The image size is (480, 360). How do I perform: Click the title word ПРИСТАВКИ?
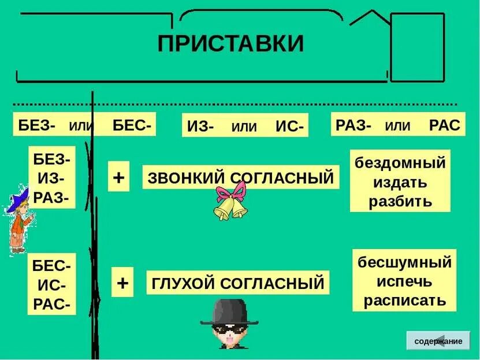click(x=230, y=44)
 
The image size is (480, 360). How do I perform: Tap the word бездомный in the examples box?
click(x=400, y=163)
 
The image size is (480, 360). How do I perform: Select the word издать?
click(x=400, y=183)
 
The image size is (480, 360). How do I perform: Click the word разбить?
click(x=400, y=201)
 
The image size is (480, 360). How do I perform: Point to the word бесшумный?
click(x=404, y=262)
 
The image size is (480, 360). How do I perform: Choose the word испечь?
click(x=404, y=281)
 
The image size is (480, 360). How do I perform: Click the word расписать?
click(x=404, y=300)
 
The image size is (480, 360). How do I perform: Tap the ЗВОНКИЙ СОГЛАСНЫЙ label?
click(x=240, y=178)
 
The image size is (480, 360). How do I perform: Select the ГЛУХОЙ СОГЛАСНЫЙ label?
click(x=237, y=283)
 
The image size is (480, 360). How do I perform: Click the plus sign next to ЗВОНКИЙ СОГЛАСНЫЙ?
click(x=118, y=177)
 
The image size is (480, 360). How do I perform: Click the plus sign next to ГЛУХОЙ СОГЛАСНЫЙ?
click(x=122, y=283)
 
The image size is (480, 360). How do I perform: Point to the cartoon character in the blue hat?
click(x=18, y=220)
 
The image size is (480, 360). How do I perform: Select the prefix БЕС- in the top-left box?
click(x=132, y=124)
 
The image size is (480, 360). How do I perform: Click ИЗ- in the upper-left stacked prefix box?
click(x=51, y=179)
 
